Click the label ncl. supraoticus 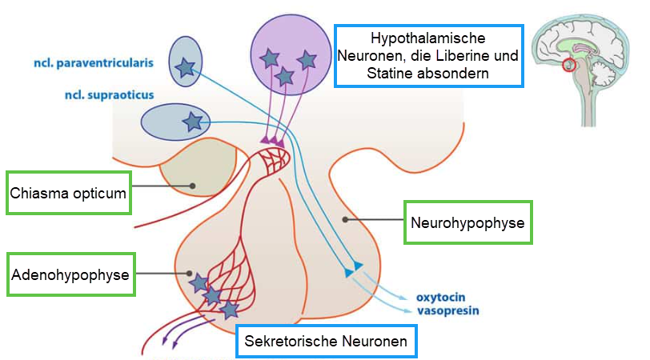click(109, 94)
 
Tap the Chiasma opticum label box click(68, 192)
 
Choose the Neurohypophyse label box click(467, 222)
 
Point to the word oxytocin click(439, 298)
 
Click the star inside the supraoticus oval click(192, 122)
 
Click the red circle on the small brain click(570, 64)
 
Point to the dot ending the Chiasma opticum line click(193, 186)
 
